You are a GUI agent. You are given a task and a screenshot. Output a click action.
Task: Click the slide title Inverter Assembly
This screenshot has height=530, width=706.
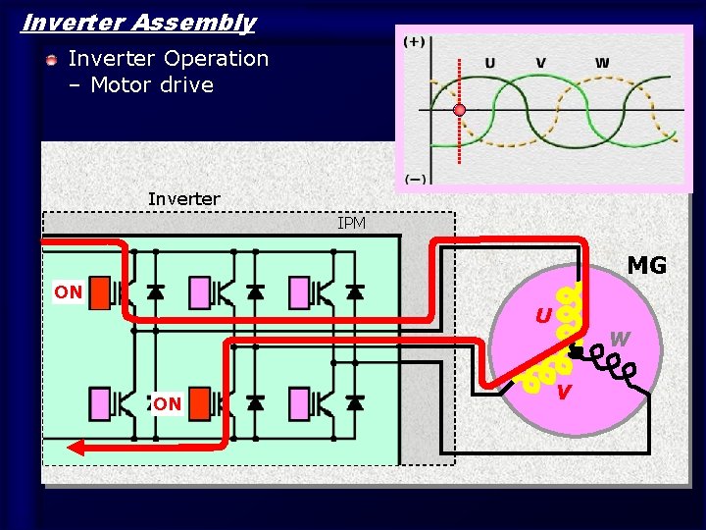click(x=138, y=23)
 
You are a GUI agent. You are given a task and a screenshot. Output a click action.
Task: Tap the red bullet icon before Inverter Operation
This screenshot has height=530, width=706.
click(x=51, y=61)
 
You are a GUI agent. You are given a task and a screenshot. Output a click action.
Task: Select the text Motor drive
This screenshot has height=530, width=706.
click(x=152, y=85)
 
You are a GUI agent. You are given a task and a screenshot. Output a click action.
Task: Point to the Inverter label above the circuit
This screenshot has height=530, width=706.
click(x=183, y=199)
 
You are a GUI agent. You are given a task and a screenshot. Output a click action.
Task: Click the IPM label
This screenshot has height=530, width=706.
click(x=351, y=224)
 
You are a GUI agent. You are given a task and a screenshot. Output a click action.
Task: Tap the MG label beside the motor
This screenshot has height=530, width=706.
click(x=646, y=266)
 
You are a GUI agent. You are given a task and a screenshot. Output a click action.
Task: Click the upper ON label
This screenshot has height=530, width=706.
click(x=68, y=292)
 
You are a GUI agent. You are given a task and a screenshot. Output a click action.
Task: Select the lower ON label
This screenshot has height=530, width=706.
click(x=167, y=403)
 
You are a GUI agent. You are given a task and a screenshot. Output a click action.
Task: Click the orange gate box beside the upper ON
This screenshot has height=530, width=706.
click(x=99, y=292)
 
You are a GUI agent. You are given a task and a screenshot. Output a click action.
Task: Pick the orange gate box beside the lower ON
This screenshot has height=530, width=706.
click(x=199, y=402)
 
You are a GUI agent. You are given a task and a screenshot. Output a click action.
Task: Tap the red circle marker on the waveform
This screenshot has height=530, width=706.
click(x=459, y=110)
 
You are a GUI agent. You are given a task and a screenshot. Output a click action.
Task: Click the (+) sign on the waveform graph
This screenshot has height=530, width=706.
click(x=415, y=42)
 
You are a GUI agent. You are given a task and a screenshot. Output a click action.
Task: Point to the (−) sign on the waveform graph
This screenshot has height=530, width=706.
click(x=415, y=179)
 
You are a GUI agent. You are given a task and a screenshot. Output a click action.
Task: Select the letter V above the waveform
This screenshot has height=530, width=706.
click(x=540, y=63)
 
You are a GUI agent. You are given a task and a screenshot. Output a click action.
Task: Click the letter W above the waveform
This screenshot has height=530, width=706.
click(x=601, y=63)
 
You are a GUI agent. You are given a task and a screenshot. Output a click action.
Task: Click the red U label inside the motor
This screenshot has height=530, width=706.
click(x=542, y=316)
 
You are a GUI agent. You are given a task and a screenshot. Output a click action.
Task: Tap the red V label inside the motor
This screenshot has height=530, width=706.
click(x=563, y=393)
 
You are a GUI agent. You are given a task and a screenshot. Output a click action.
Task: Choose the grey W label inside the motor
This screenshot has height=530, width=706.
click(x=620, y=341)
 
